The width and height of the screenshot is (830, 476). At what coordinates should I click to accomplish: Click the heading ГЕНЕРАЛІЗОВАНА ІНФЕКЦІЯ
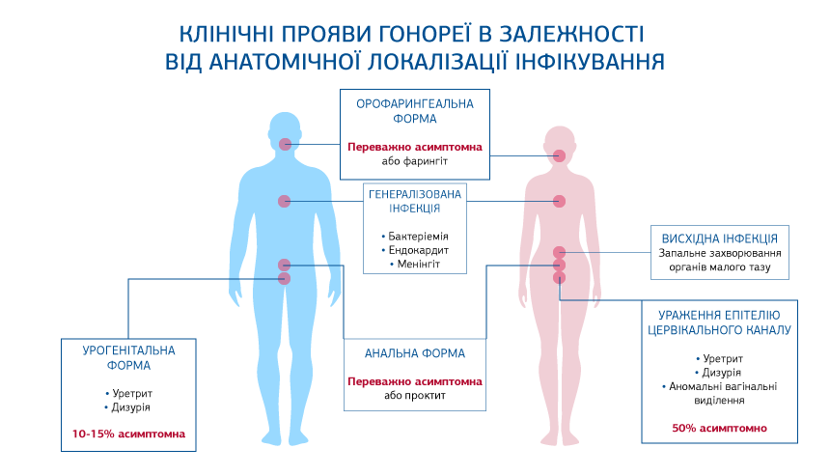(415, 200)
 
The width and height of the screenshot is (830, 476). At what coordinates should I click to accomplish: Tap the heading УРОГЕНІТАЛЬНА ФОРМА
(128, 359)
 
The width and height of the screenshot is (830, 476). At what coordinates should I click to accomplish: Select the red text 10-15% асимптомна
(128, 434)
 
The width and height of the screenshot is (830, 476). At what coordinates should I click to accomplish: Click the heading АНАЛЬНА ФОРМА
(415, 353)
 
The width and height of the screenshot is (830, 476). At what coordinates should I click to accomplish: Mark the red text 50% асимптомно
(720, 427)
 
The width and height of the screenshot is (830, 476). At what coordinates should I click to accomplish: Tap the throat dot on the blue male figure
(285, 144)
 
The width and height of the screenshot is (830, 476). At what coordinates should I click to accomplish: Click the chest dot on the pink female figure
(559, 201)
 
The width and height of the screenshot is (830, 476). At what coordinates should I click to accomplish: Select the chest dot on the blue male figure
(284, 201)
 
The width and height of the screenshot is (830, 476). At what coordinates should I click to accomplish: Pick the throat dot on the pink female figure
(559, 155)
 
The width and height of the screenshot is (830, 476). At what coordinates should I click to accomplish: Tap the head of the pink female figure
(559, 138)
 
